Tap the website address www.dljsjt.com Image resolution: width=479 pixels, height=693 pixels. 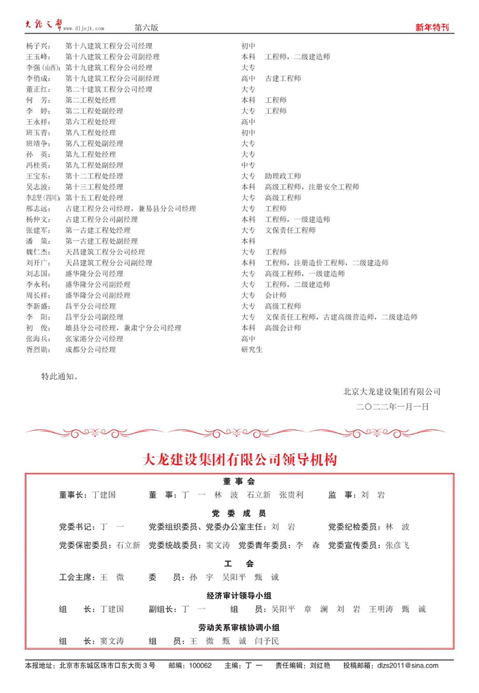pyautogui.click(x=84, y=28)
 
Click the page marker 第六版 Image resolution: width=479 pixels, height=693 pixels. pyautogui.click(x=146, y=28)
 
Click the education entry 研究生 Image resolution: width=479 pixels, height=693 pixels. pyautogui.click(x=252, y=349)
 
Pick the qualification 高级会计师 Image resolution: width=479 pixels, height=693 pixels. pyautogui.click(x=283, y=328)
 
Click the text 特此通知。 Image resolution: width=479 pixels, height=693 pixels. pyautogui.click(x=60, y=377)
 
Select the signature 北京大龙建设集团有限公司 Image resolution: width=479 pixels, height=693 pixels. pyautogui.click(x=392, y=391)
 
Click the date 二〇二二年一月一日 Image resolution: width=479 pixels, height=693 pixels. pyautogui.click(x=392, y=406)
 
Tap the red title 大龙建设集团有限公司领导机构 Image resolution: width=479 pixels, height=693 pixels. pyautogui.click(x=239, y=460)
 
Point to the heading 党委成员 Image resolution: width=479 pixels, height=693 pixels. pyautogui.click(x=239, y=513)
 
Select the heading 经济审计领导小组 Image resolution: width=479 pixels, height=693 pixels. pyautogui.click(x=239, y=595)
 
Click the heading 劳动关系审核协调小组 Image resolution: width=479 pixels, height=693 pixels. pyautogui.click(x=239, y=627)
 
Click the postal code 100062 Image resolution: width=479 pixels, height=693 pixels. pyautogui.click(x=200, y=665)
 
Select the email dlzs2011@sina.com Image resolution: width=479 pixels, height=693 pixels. pyautogui.click(x=407, y=665)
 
